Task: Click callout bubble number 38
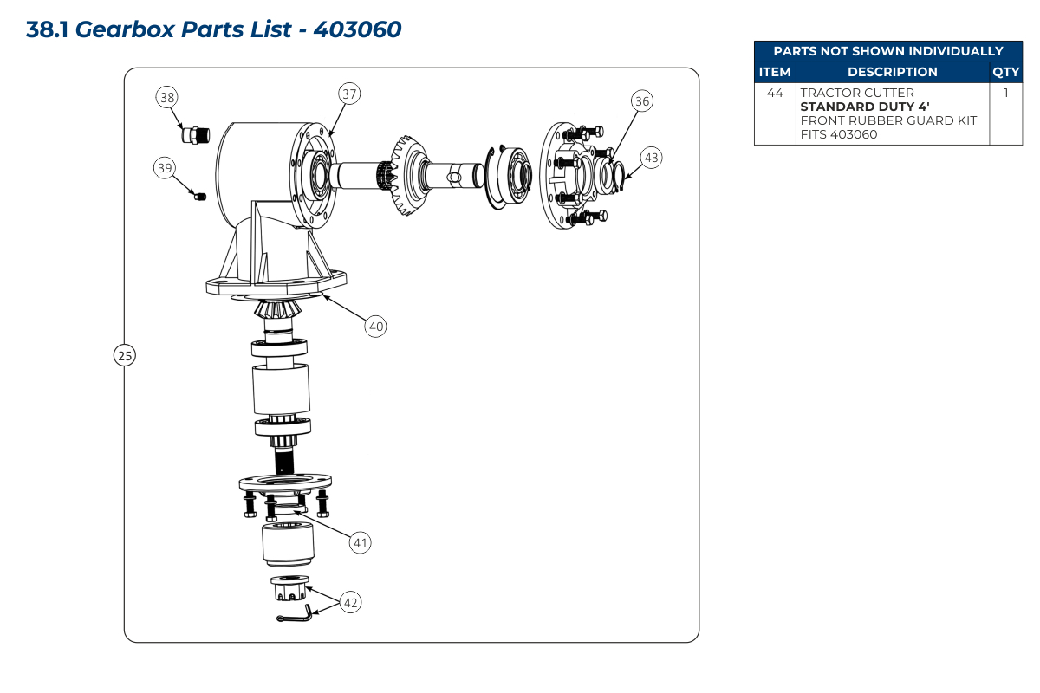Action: point(166,97)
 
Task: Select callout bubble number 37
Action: point(349,94)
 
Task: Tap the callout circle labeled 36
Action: point(642,100)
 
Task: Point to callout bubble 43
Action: point(652,158)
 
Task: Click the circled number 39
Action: point(165,167)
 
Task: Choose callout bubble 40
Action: point(375,327)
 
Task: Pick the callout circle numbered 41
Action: point(361,542)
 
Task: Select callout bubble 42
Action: point(350,603)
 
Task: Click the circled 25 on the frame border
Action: point(125,355)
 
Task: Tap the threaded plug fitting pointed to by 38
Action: point(196,135)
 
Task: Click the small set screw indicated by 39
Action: point(200,197)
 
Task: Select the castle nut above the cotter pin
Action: point(289,588)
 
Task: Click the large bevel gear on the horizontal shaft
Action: point(407,176)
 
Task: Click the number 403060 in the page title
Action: point(357,29)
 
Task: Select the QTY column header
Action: point(1005,72)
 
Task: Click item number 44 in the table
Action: point(775,93)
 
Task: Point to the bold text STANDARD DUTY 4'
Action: point(865,107)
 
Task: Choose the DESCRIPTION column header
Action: point(893,72)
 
